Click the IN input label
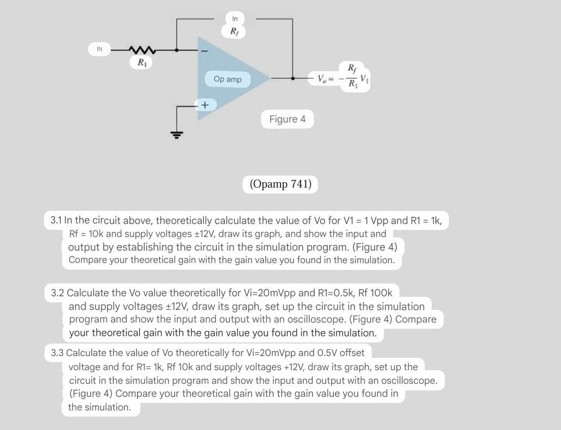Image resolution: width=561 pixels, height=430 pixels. coord(99,49)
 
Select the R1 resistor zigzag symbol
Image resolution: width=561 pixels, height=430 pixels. coord(142,50)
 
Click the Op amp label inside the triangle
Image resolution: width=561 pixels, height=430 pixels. coord(228,79)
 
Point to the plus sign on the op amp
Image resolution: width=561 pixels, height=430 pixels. coord(204,104)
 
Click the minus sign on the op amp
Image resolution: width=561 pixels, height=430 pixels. coord(204,51)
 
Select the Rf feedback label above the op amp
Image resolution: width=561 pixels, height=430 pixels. coord(234,32)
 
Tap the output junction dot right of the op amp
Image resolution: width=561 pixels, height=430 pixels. coord(292,78)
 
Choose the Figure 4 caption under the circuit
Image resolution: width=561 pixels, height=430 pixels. coord(287,119)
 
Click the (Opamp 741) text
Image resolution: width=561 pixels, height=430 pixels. coord(280,184)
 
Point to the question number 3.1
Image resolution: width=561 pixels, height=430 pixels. coord(56,221)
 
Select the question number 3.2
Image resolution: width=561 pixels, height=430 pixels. coord(57,293)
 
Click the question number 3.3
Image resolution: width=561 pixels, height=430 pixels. coord(57,353)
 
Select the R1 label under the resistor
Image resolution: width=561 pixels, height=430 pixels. coord(141,63)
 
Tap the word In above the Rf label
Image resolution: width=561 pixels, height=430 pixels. coord(235,19)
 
